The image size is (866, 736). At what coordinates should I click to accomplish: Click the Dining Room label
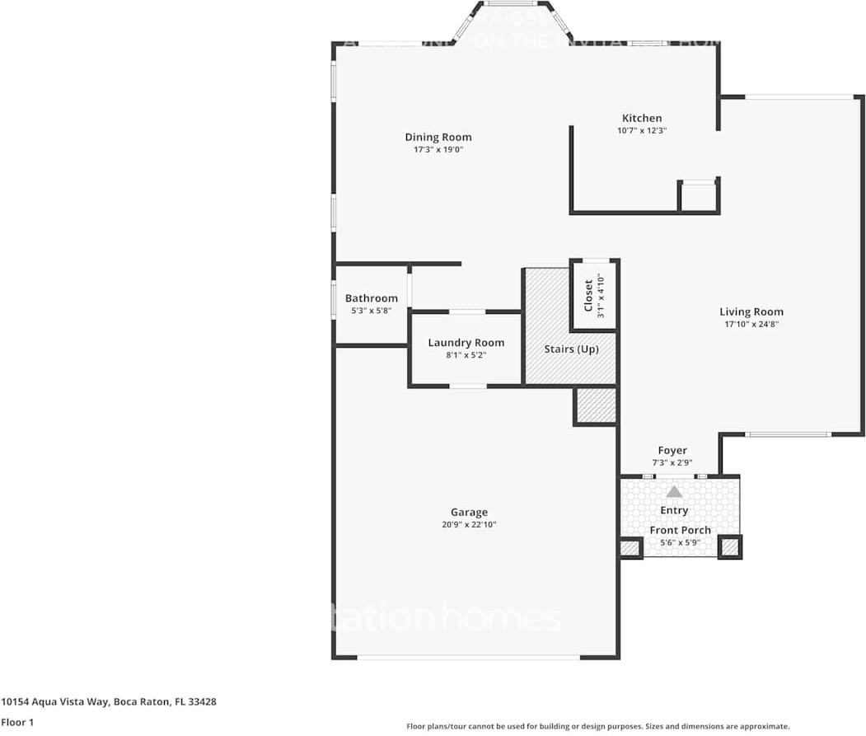pos(438,138)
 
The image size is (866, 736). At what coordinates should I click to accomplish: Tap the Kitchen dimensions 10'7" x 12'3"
pos(641,130)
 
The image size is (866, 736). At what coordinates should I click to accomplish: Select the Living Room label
pos(751,312)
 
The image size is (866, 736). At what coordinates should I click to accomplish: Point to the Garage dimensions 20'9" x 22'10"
pos(468,525)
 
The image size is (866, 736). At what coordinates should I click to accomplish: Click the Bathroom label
pos(371,298)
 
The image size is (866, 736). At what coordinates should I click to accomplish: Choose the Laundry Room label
pos(466,343)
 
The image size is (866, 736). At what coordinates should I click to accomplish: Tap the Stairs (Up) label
pos(571,349)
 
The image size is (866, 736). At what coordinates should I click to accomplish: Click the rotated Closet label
pos(588,295)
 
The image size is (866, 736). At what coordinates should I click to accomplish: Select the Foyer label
pos(672,451)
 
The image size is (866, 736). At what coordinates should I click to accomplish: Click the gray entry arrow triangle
pos(674,491)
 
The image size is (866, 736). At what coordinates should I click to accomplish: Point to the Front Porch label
pos(680,531)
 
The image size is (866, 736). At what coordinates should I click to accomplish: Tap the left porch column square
pos(630,548)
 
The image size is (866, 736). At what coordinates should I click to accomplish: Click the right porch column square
pos(729,546)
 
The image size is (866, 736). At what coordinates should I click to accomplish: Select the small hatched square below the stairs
pos(596,406)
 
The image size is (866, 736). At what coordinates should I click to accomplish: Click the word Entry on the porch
pos(674,511)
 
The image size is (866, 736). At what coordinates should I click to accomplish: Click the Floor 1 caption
pos(17,722)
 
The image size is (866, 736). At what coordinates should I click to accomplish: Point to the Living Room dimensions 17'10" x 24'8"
pos(751,325)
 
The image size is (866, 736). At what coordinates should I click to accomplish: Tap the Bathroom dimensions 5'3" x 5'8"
pos(371,312)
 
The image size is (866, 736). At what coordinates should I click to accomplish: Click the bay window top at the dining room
pos(511,4)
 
